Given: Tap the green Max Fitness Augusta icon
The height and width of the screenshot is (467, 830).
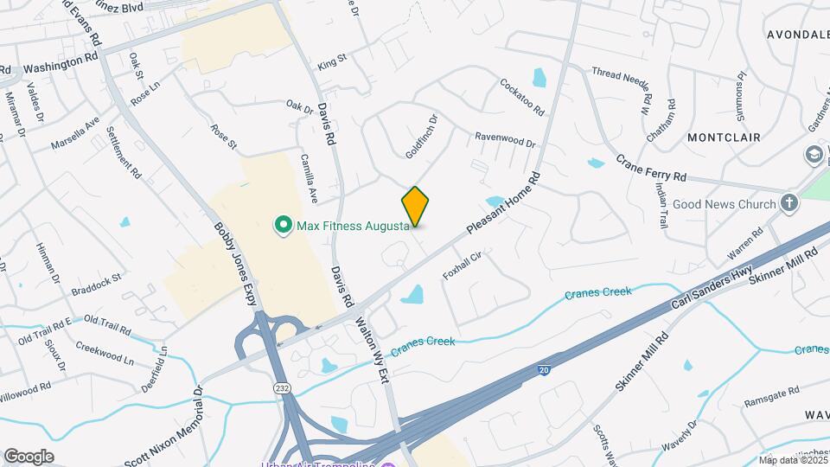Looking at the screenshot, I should coord(282,227).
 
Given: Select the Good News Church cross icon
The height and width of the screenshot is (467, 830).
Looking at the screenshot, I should coord(788,203).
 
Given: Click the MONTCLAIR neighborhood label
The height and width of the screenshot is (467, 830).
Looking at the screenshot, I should coord(724,138).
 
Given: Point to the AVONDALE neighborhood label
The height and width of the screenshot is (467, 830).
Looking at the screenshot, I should coord(796,35).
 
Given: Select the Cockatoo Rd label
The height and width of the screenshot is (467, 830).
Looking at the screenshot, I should coord(521,97).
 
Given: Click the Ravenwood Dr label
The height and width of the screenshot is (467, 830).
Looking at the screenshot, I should coord(505,138).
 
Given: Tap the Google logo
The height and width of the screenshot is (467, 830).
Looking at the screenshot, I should coord(29,457).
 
